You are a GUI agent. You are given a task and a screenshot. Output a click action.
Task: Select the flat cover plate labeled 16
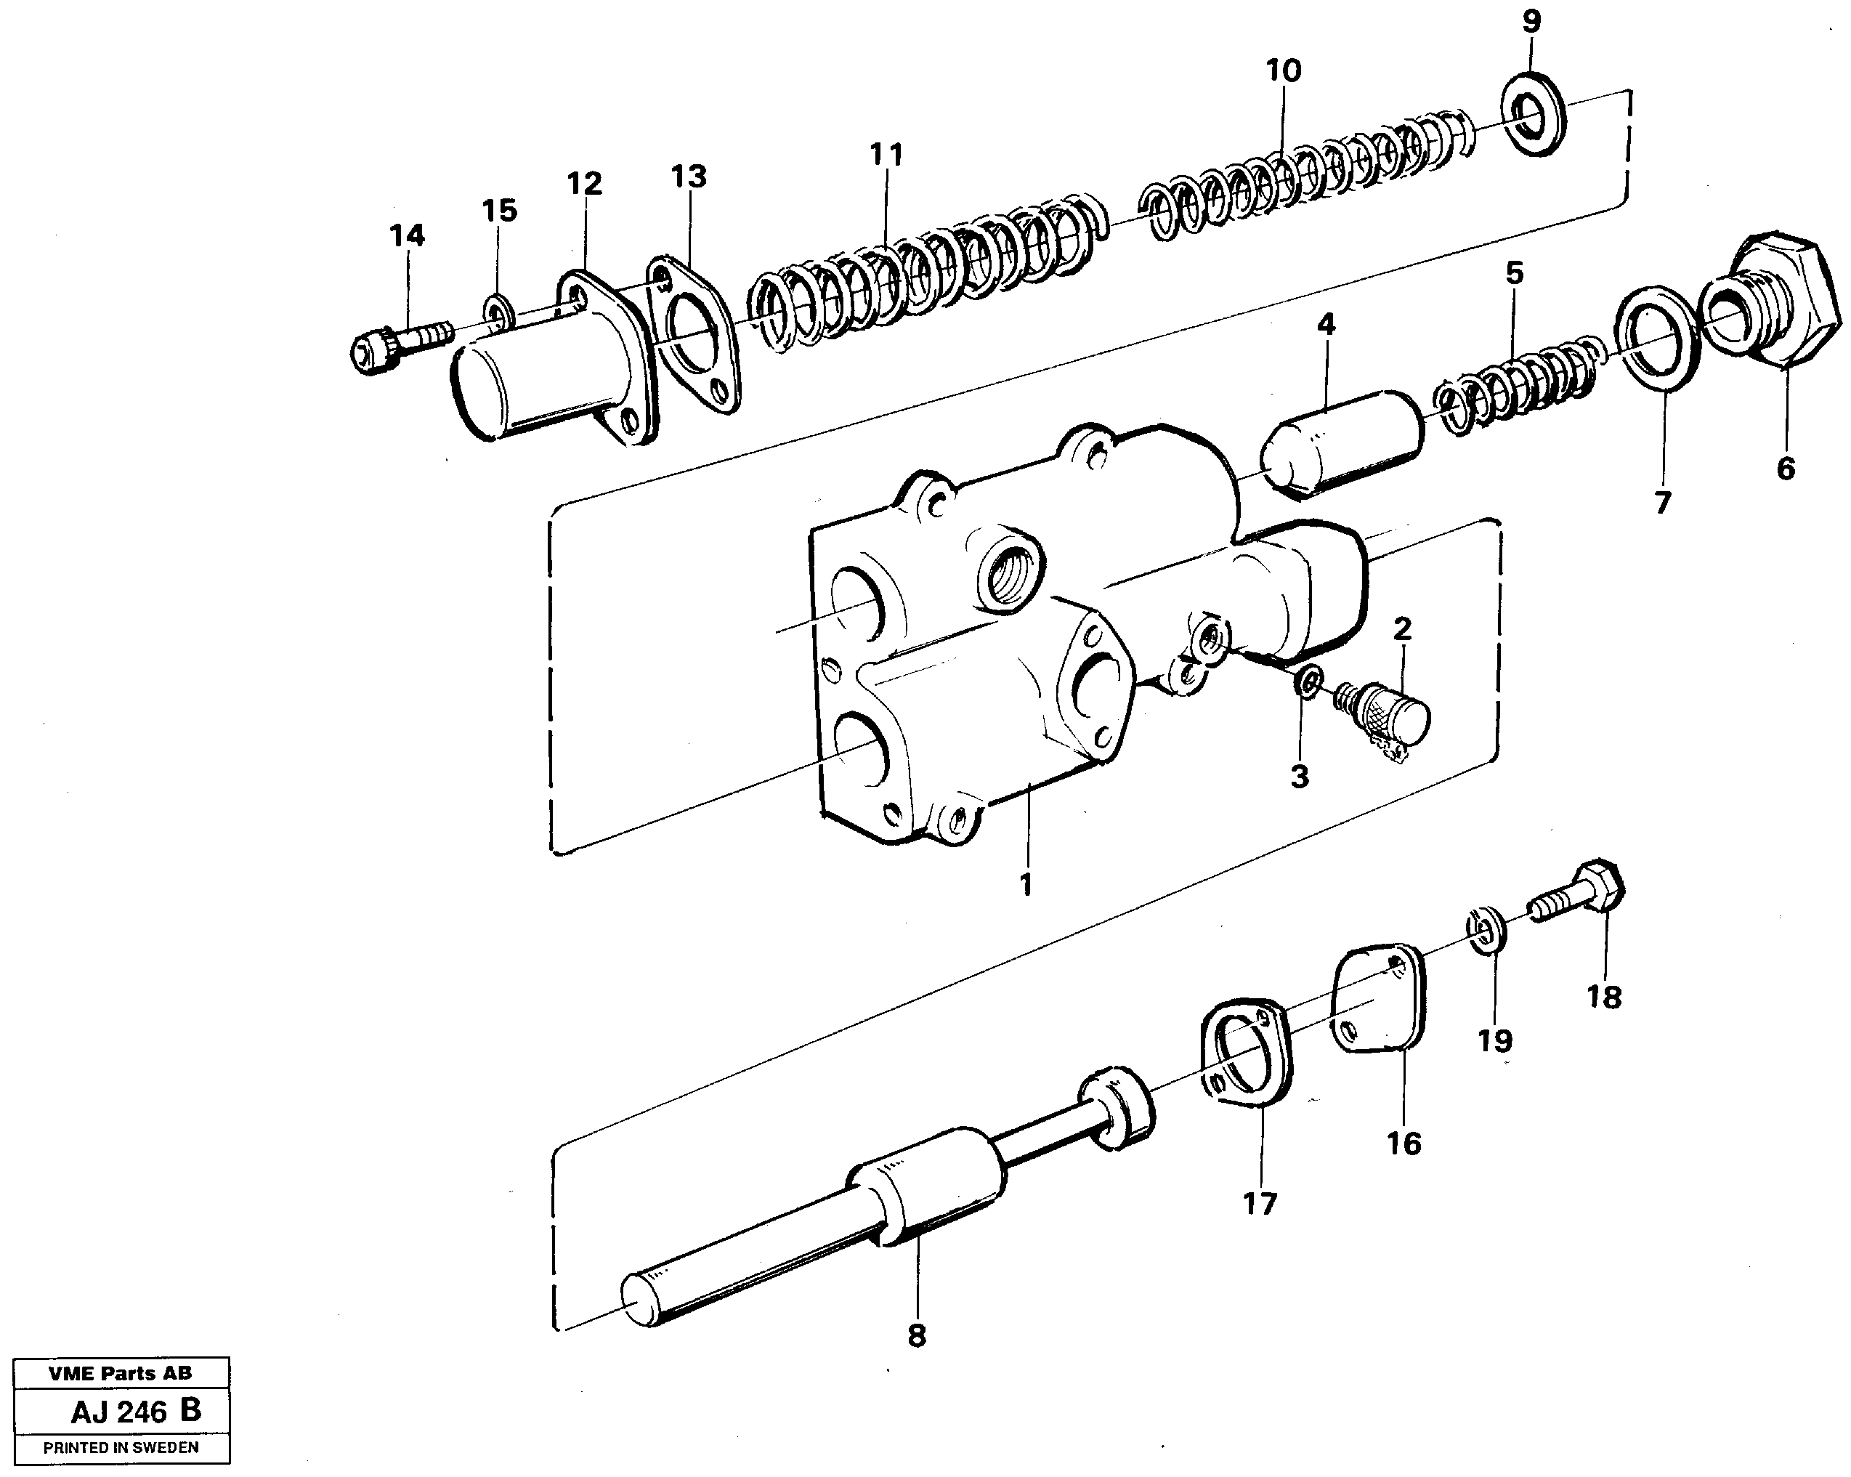pos(1379,999)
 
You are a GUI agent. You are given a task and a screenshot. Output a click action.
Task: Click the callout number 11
pos(886,155)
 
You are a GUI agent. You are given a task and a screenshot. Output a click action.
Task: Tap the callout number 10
pos(1284,70)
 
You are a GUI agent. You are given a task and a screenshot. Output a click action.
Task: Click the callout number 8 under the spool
pos(917,1336)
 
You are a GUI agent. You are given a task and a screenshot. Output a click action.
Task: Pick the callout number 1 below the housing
pos(1025,883)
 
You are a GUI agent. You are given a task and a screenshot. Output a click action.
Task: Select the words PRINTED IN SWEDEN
pos(121,1448)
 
